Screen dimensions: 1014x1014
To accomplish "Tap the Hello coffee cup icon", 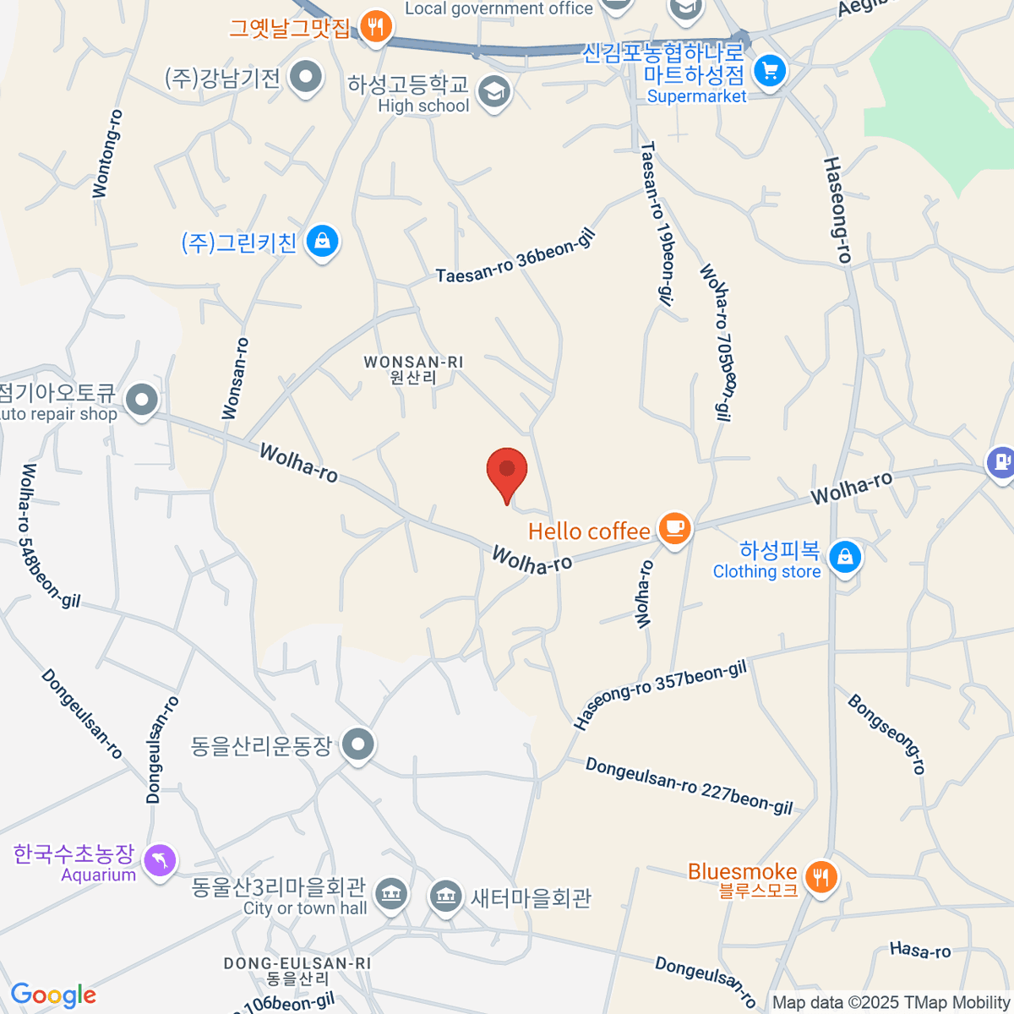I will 674,529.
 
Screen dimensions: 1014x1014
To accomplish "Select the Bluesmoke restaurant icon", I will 820,876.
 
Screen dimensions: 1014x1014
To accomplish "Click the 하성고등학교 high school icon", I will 494,91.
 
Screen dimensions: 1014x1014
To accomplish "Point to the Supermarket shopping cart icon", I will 769,70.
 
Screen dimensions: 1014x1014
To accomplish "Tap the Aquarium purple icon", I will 160,861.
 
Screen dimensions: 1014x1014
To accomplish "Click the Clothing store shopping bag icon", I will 844,557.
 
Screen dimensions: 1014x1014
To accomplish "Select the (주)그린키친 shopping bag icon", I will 322,242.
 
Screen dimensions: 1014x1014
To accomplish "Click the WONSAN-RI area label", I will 413,369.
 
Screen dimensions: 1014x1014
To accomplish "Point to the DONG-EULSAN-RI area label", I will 297,971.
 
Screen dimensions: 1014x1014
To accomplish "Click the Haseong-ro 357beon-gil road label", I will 660,695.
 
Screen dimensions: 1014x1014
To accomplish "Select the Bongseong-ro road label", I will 887,733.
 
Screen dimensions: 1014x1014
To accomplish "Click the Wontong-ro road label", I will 107,154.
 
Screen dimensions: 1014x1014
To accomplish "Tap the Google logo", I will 53,995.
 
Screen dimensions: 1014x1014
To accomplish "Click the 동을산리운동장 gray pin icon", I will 359,744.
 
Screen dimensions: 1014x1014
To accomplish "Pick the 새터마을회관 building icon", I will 445,897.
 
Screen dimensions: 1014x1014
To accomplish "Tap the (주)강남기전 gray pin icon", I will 306,78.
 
